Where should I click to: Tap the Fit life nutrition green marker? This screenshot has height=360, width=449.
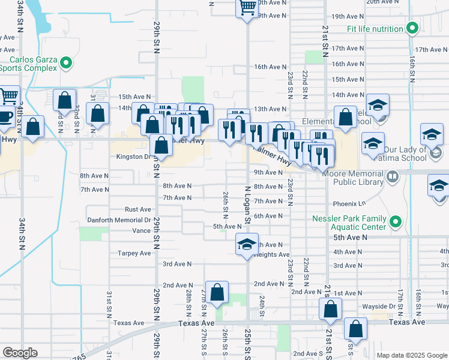coord(412,29)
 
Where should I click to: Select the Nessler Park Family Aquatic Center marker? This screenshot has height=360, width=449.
coord(395,223)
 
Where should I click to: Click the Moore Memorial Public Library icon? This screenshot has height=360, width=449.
coord(393,176)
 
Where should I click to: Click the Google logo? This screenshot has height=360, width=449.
coord(20,353)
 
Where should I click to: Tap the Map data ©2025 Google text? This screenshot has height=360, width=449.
coord(412,355)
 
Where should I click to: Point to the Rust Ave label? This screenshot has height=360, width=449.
coord(137,209)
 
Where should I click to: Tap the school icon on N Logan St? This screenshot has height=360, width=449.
coord(246,245)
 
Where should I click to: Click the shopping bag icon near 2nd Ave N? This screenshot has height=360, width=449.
coord(217,292)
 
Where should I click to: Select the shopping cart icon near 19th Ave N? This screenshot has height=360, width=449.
coord(247,7)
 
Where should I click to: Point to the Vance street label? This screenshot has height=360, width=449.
coord(142,230)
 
